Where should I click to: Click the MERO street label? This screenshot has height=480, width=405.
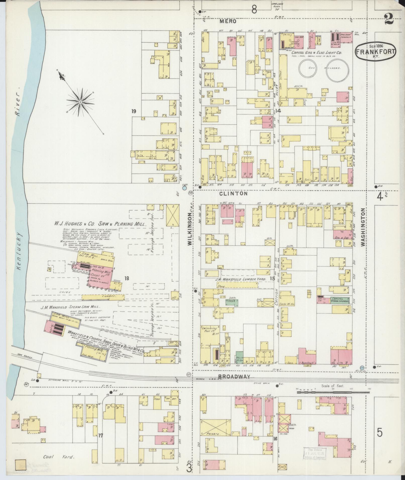tap(228, 22)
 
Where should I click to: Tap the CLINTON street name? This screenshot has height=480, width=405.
tap(233, 194)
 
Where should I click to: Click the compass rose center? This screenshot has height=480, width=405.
tap(80, 102)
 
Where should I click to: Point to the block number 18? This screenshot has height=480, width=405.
tap(127, 278)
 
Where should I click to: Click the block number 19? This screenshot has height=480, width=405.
tap(134, 111)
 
